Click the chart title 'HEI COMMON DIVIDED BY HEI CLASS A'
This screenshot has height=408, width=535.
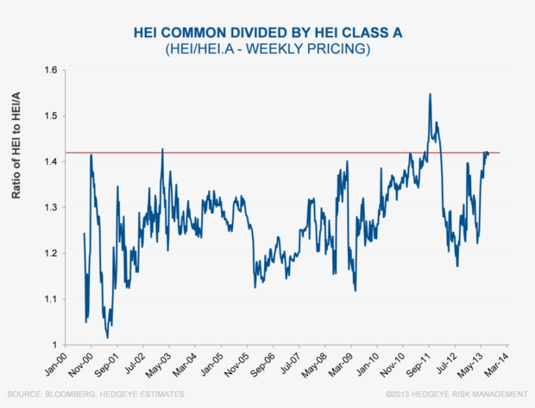tap(267, 33)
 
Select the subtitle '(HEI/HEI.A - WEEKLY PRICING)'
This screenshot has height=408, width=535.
tap(267, 49)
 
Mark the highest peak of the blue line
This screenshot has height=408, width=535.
tap(430, 94)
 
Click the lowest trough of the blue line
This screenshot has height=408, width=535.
tap(108, 338)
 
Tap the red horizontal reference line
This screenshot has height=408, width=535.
tap(294, 153)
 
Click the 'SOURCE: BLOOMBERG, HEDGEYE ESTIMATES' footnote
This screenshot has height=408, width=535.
tap(96, 394)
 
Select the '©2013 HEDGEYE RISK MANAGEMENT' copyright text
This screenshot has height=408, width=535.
tap(456, 394)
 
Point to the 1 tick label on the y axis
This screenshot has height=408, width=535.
tap(54, 345)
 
